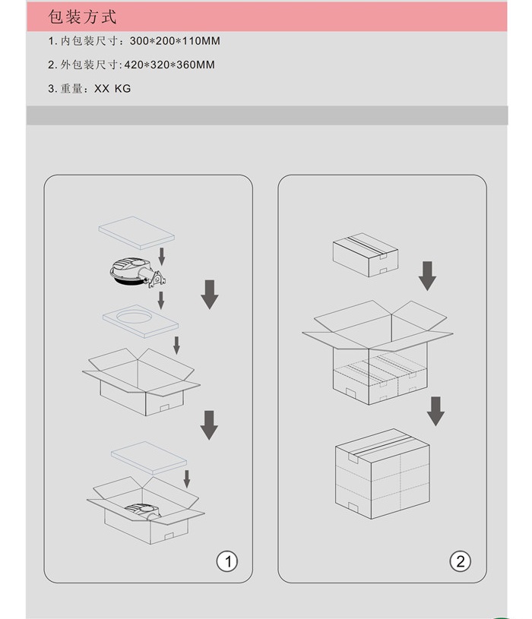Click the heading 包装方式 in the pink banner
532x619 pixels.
click(x=82, y=17)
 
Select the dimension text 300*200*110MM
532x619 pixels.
click(x=175, y=41)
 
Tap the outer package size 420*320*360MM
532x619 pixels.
click(x=169, y=65)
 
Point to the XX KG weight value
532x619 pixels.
click(x=112, y=88)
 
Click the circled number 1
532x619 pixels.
click(x=227, y=561)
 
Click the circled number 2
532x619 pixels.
click(x=460, y=561)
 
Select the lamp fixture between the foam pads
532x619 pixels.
click(x=138, y=272)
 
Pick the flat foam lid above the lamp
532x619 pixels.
click(x=136, y=232)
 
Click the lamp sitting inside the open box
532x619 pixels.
click(x=144, y=511)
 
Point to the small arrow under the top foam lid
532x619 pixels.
click(x=162, y=256)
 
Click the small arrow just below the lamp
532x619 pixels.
click(x=161, y=301)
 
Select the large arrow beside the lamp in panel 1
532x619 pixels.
click(x=210, y=295)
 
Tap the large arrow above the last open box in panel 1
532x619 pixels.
click(x=209, y=425)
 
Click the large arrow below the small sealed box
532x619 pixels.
click(x=427, y=276)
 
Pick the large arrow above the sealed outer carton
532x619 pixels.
click(x=435, y=412)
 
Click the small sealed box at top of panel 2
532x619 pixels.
click(x=366, y=254)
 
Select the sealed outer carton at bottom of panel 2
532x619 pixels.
click(x=382, y=474)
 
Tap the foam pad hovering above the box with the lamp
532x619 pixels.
click(x=149, y=457)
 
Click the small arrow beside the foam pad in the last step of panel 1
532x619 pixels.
click(x=187, y=478)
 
